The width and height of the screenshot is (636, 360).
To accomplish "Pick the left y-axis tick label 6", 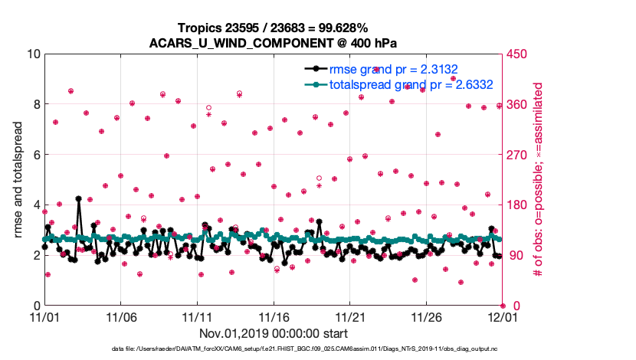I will click(x=35, y=155).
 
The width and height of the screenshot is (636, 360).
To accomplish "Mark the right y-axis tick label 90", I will click(x=514, y=255).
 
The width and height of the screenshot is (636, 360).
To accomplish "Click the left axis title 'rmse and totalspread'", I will click(x=18, y=180).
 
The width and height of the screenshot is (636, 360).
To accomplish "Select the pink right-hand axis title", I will click(x=539, y=180).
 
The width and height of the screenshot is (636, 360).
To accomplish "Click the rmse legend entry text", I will click(x=393, y=69).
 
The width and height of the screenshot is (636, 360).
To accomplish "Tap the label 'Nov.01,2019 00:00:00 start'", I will click(x=274, y=334).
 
